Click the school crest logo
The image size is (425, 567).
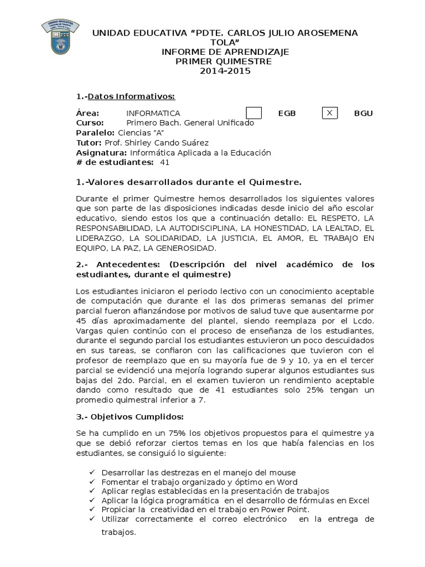click(x=60, y=37)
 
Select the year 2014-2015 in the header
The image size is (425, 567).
click(x=225, y=71)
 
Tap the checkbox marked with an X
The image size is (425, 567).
click(x=330, y=113)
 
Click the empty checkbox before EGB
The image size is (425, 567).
click(x=253, y=113)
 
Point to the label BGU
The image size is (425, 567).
click(x=363, y=114)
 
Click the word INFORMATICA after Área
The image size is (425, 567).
click(x=153, y=114)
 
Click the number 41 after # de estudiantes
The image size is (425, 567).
click(x=164, y=162)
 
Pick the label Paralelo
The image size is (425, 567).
click(x=95, y=133)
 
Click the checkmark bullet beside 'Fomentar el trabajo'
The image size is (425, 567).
click(x=91, y=482)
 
